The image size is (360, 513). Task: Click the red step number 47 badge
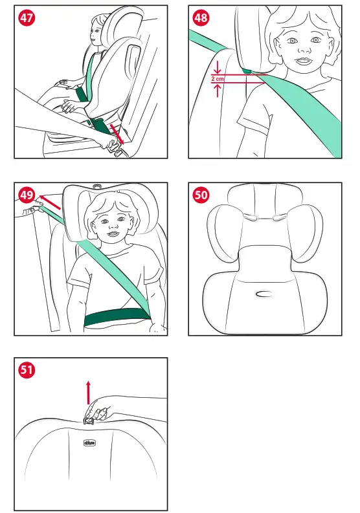[27, 18]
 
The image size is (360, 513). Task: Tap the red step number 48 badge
[201, 18]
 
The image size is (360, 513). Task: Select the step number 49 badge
[27, 195]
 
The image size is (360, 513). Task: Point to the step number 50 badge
[201, 195]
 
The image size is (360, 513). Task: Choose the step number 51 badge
[27, 370]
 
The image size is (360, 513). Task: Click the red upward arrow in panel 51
[89, 392]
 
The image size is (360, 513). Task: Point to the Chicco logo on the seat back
[89, 443]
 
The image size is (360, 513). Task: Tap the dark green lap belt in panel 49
[117, 318]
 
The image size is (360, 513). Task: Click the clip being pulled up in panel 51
[89, 421]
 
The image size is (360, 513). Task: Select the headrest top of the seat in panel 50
[264, 194]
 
